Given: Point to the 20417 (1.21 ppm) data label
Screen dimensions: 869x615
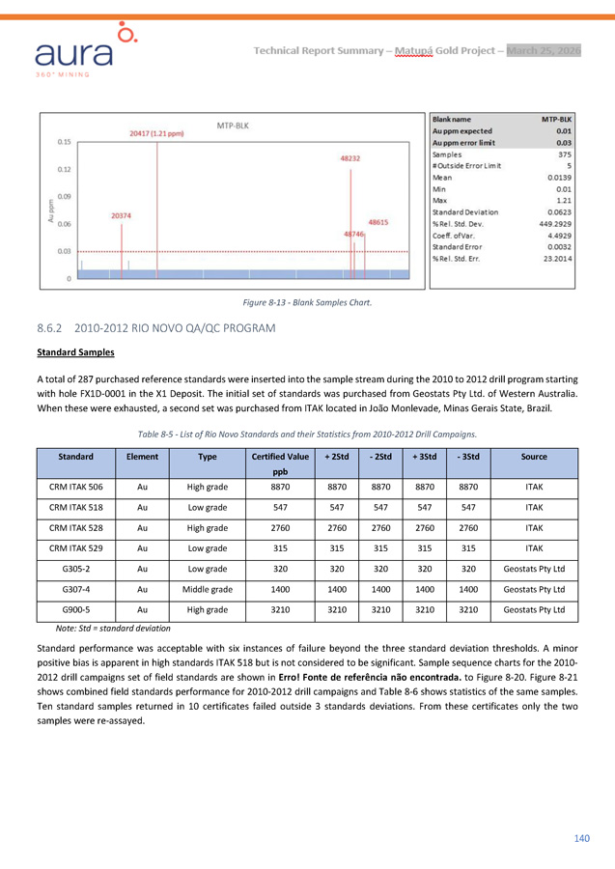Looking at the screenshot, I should [x=157, y=133].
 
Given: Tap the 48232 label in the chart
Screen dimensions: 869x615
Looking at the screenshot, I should [x=350, y=157].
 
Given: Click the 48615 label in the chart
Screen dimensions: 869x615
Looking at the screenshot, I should [x=377, y=222].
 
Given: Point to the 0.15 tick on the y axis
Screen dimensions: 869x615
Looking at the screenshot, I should [x=64, y=142].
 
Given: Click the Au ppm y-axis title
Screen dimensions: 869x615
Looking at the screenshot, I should [x=51, y=210].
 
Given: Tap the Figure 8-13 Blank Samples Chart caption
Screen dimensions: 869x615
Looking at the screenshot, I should [x=307, y=303].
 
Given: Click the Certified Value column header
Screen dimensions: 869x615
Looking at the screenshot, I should [x=279, y=456].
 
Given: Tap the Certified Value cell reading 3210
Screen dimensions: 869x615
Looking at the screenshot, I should [x=279, y=611].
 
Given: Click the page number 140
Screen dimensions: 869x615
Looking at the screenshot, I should [x=581, y=838].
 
